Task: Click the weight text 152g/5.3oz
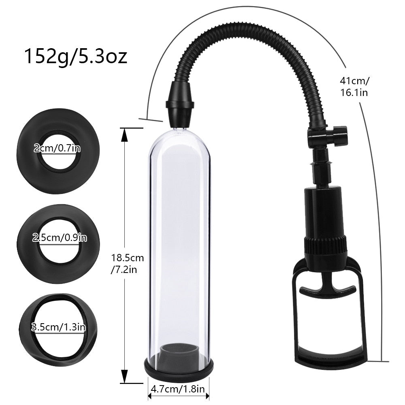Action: [x=76, y=56]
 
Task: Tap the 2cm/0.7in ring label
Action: [x=58, y=148]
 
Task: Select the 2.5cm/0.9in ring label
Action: [x=60, y=238]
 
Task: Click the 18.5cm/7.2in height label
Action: [x=127, y=263]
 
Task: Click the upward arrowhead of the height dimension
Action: [x=125, y=136]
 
